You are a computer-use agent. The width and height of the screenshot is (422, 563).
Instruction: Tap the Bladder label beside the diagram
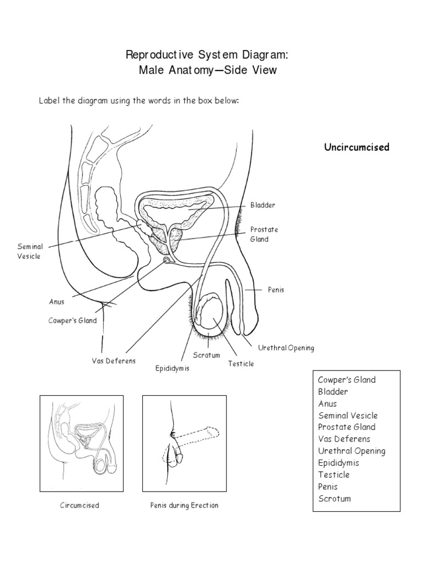(x=263, y=205)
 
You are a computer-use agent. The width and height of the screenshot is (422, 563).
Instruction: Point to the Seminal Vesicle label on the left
(x=30, y=252)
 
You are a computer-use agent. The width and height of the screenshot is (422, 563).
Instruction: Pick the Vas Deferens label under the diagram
(x=114, y=361)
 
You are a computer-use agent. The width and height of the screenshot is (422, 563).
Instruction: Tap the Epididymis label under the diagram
(x=172, y=368)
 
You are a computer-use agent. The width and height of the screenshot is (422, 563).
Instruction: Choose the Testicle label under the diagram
(x=241, y=363)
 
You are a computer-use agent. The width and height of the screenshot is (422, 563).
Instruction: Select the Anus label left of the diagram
(x=57, y=301)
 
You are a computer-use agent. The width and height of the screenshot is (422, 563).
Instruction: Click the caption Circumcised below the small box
(x=80, y=505)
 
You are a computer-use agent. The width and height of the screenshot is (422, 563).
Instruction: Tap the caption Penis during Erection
(x=184, y=505)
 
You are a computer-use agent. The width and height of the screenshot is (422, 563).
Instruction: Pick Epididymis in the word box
(x=338, y=462)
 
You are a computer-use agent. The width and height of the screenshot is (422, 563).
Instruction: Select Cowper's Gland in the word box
(x=347, y=380)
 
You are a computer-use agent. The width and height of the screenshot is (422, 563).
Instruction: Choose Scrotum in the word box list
(x=334, y=498)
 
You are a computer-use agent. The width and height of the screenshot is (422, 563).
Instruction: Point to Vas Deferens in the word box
(x=344, y=439)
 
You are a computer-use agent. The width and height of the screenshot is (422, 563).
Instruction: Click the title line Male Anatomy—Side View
(x=208, y=71)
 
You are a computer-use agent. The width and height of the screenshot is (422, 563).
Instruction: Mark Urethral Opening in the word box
(x=352, y=451)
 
